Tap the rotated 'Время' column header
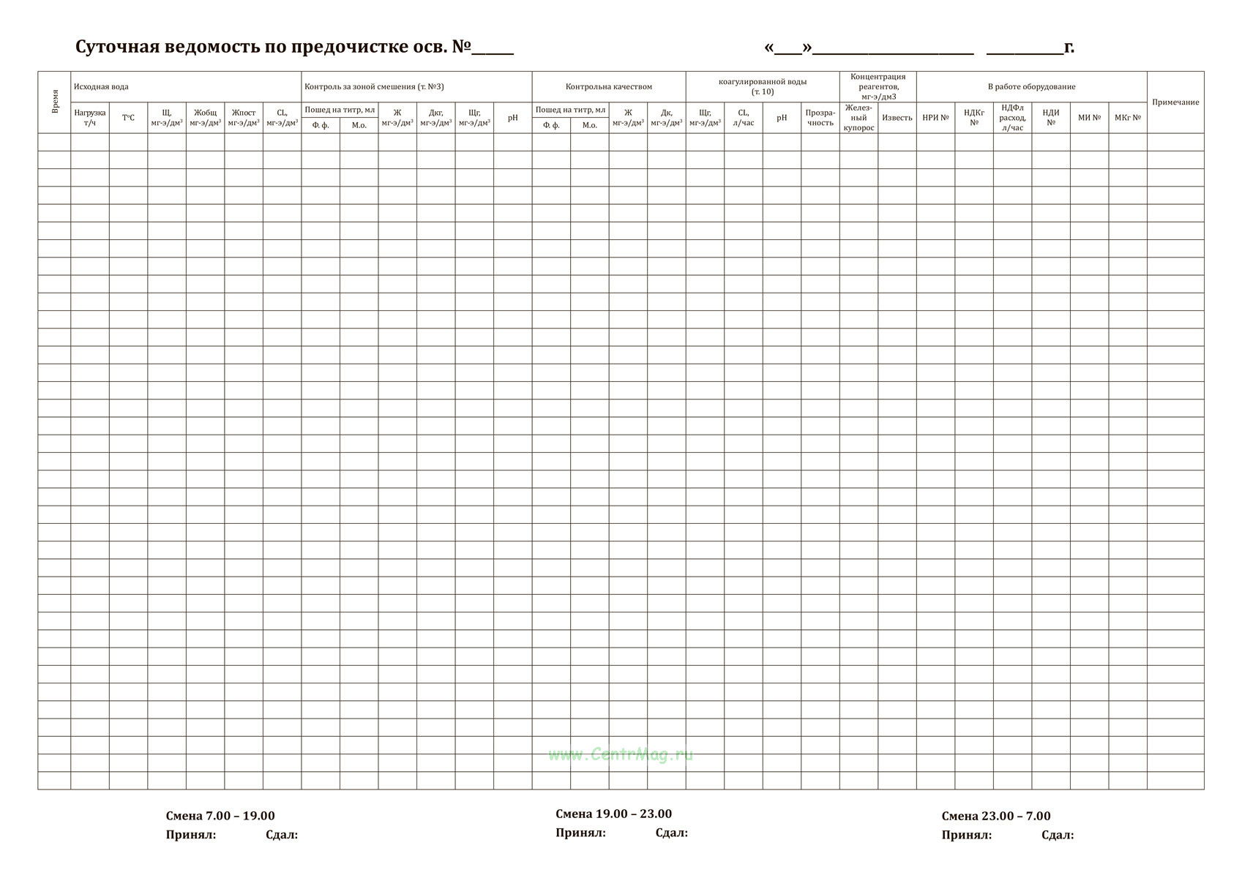55,102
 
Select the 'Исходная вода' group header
101,87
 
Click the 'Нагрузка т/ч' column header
90,118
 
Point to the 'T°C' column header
128,118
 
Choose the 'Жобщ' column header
205,118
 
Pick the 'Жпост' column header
244,118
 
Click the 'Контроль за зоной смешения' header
374,87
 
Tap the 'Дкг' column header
435,118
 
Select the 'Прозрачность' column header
820,118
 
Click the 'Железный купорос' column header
858,118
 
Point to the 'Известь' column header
897,118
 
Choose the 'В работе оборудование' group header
1031,87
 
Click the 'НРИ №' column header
935,118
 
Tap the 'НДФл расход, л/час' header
1012,118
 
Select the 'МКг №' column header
1127,118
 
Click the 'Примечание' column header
1175,102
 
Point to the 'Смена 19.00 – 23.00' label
613,814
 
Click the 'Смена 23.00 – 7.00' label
995,817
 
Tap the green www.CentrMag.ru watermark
620,755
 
